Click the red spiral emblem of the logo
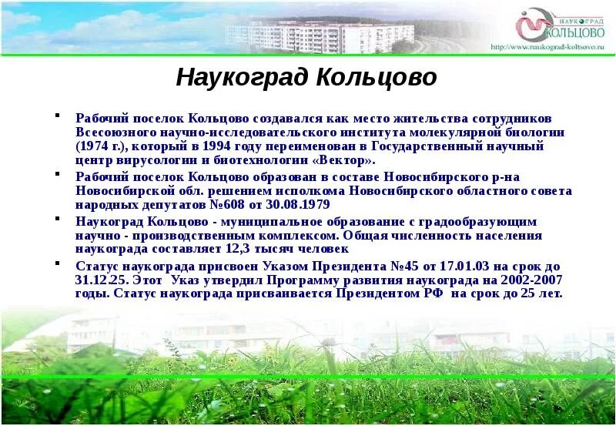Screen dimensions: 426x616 pyautogui.click(x=531, y=27)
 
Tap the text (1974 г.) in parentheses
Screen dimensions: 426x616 pyautogui.click(x=102, y=146)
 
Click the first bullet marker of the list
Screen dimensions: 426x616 pyautogui.click(x=57, y=118)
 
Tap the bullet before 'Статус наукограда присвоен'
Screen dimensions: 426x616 pyautogui.click(x=57, y=265)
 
